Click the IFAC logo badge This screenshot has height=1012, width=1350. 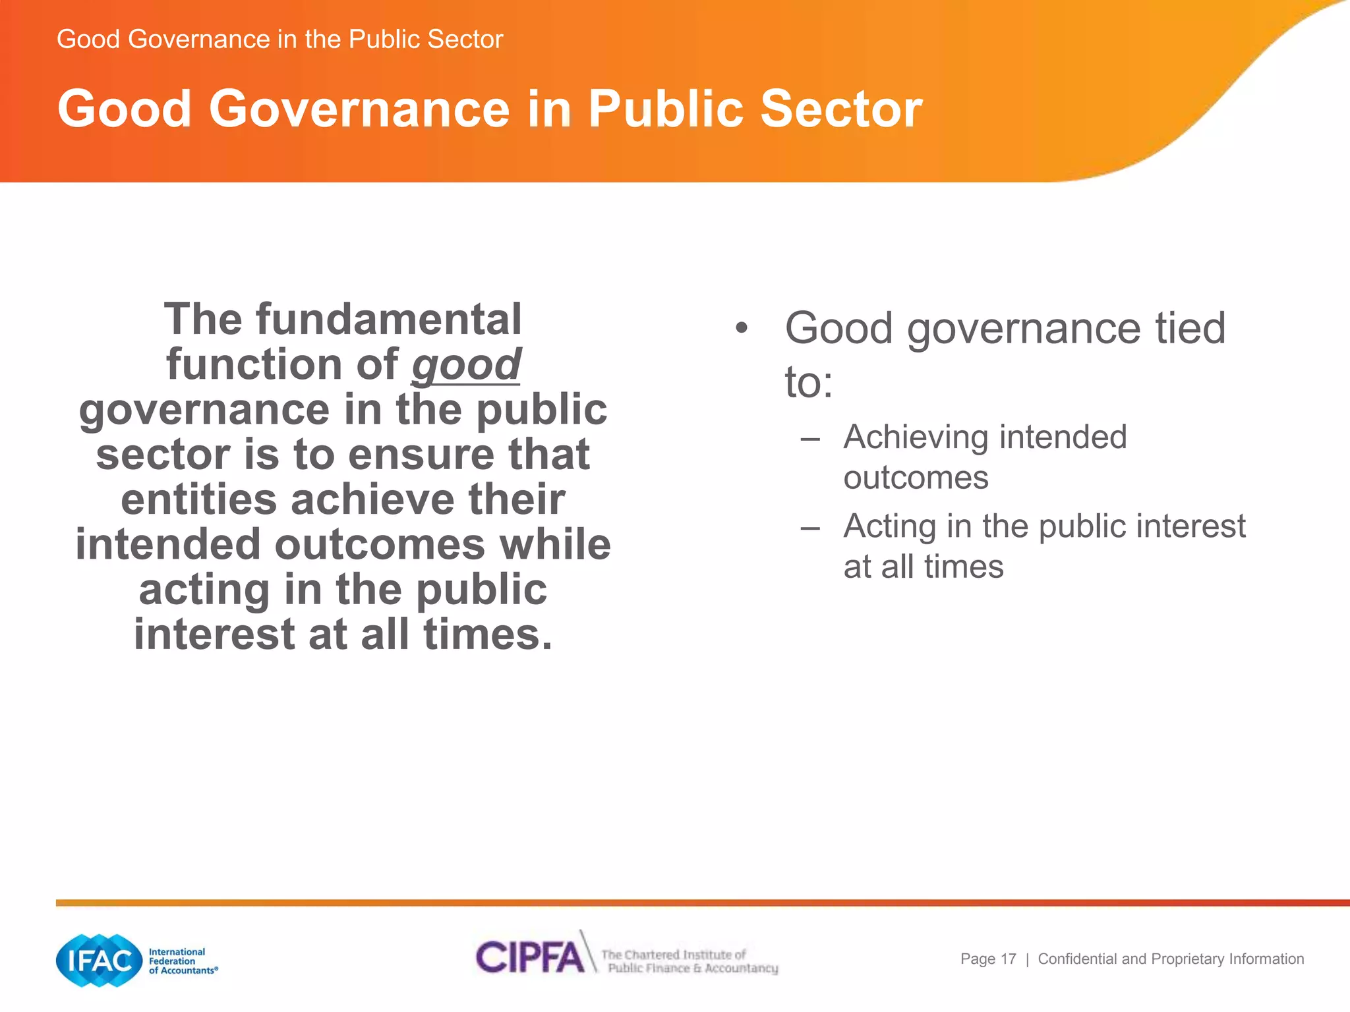click(x=99, y=961)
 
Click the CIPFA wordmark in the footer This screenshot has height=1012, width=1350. click(x=529, y=957)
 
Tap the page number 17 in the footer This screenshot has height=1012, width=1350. click(x=1009, y=959)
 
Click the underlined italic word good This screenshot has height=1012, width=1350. click(x=466, y=365)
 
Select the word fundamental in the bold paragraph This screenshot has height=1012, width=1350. click(x=389, y=320)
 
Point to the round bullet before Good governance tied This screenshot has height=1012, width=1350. click(x=742, y=328)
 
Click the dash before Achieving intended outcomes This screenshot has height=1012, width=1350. click(x=810, y=438)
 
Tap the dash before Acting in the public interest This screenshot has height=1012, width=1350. click(x=810, y=527)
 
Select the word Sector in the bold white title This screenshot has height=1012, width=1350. click(x=841, y=109)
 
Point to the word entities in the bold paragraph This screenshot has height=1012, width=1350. click(x=198, y=499)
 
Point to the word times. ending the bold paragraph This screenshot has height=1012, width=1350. click(x=487, y=634)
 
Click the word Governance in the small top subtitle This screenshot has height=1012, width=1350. click(x=199, y=40)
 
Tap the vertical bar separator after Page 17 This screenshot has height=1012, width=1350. click(x=1027, y=960)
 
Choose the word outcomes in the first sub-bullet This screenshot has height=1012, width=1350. click(x=916, y=478)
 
